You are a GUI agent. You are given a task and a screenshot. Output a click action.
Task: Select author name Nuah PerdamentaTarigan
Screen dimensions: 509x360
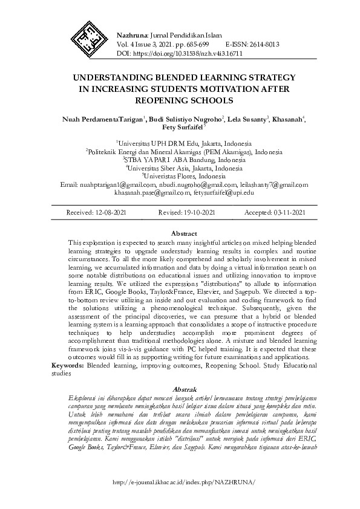(102, 118)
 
